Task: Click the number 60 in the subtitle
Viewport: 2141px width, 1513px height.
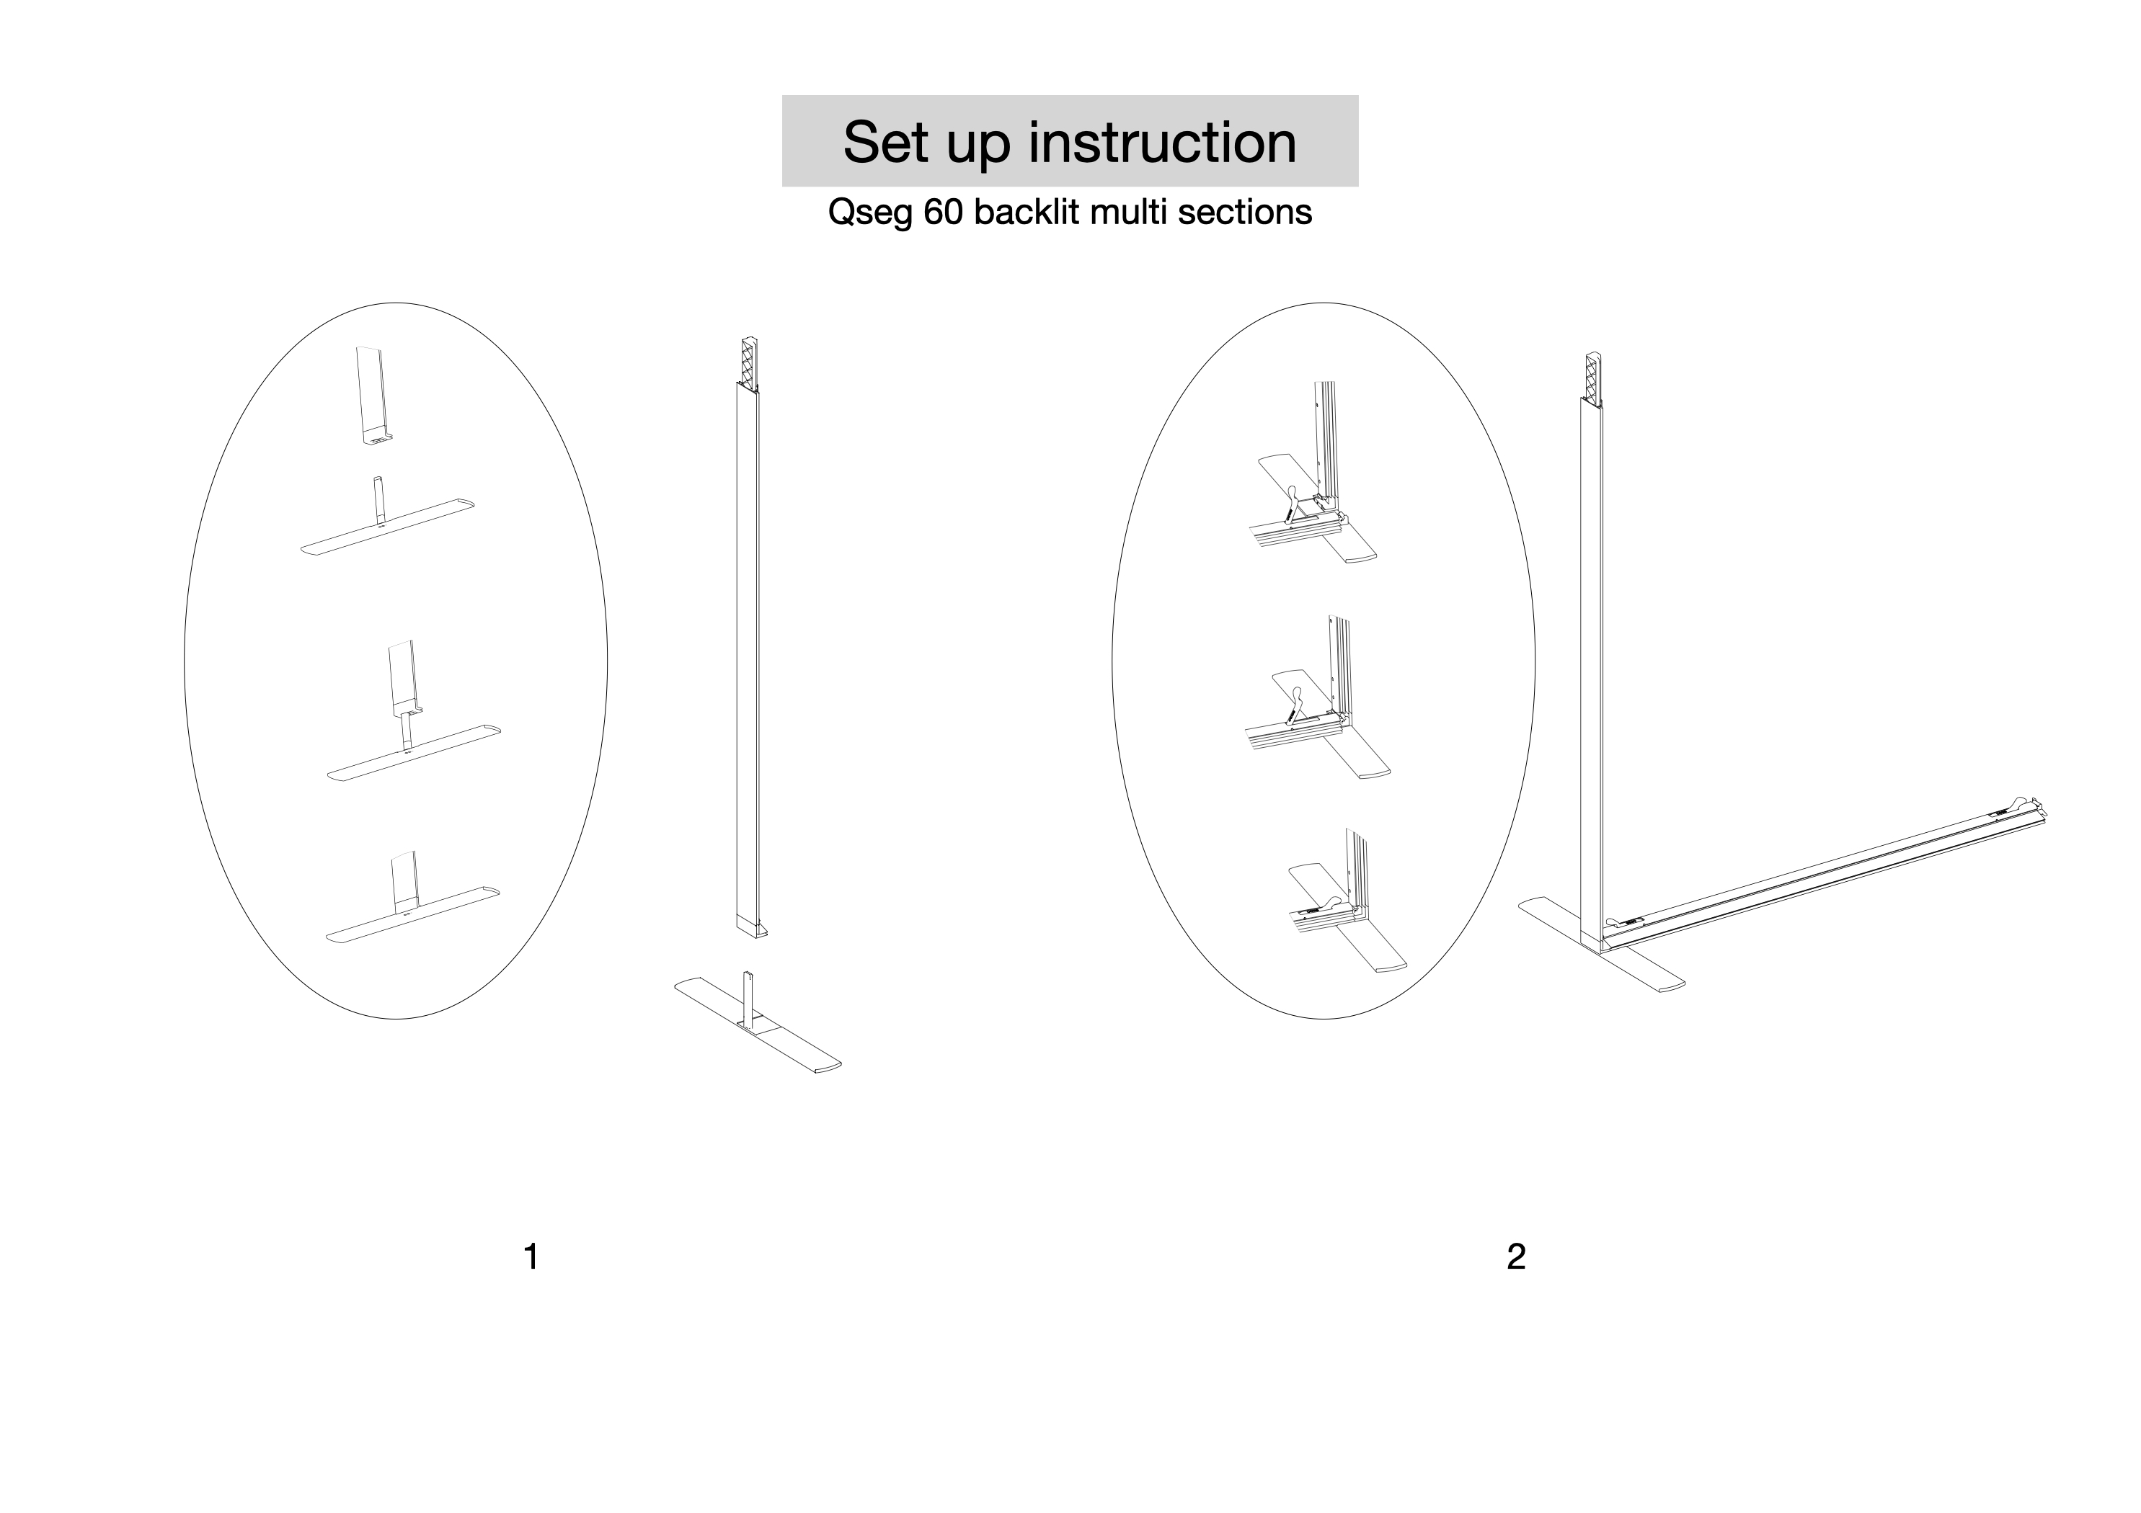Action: tap(944, 213)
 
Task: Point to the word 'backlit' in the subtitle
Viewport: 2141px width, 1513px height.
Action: tap(1026, 213)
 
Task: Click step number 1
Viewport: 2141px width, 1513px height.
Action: tap(531, 1257)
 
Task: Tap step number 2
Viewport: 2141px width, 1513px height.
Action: tap(1515, 1257)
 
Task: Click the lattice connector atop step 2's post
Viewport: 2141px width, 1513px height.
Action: tap(1592, 375)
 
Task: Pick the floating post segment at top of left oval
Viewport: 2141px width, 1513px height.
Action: tap(373, 396)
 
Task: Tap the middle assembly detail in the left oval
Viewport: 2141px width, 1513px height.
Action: tap(410, 718)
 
